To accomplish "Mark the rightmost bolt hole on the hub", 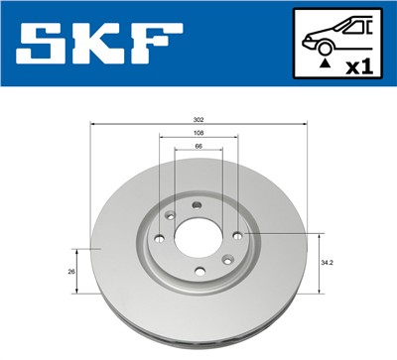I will coord(238,235).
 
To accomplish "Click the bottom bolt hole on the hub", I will coord(198,272).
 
